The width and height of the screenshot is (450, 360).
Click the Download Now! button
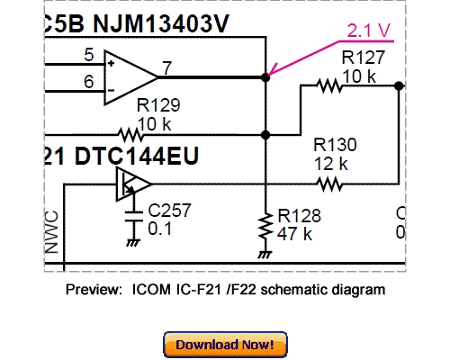pos(225,344)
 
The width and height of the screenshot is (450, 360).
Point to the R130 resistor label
pos(335,145)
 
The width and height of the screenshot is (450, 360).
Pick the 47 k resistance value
pos(294,234)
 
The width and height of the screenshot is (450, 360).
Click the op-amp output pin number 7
pos(167,68)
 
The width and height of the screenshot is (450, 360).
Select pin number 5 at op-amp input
pos(88,56)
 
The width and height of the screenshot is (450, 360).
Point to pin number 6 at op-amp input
pos(88,82)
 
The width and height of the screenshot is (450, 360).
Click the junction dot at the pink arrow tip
pos(265,78)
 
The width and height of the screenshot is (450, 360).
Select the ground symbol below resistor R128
pos(265,254)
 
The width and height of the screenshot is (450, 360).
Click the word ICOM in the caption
pos(149,291)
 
